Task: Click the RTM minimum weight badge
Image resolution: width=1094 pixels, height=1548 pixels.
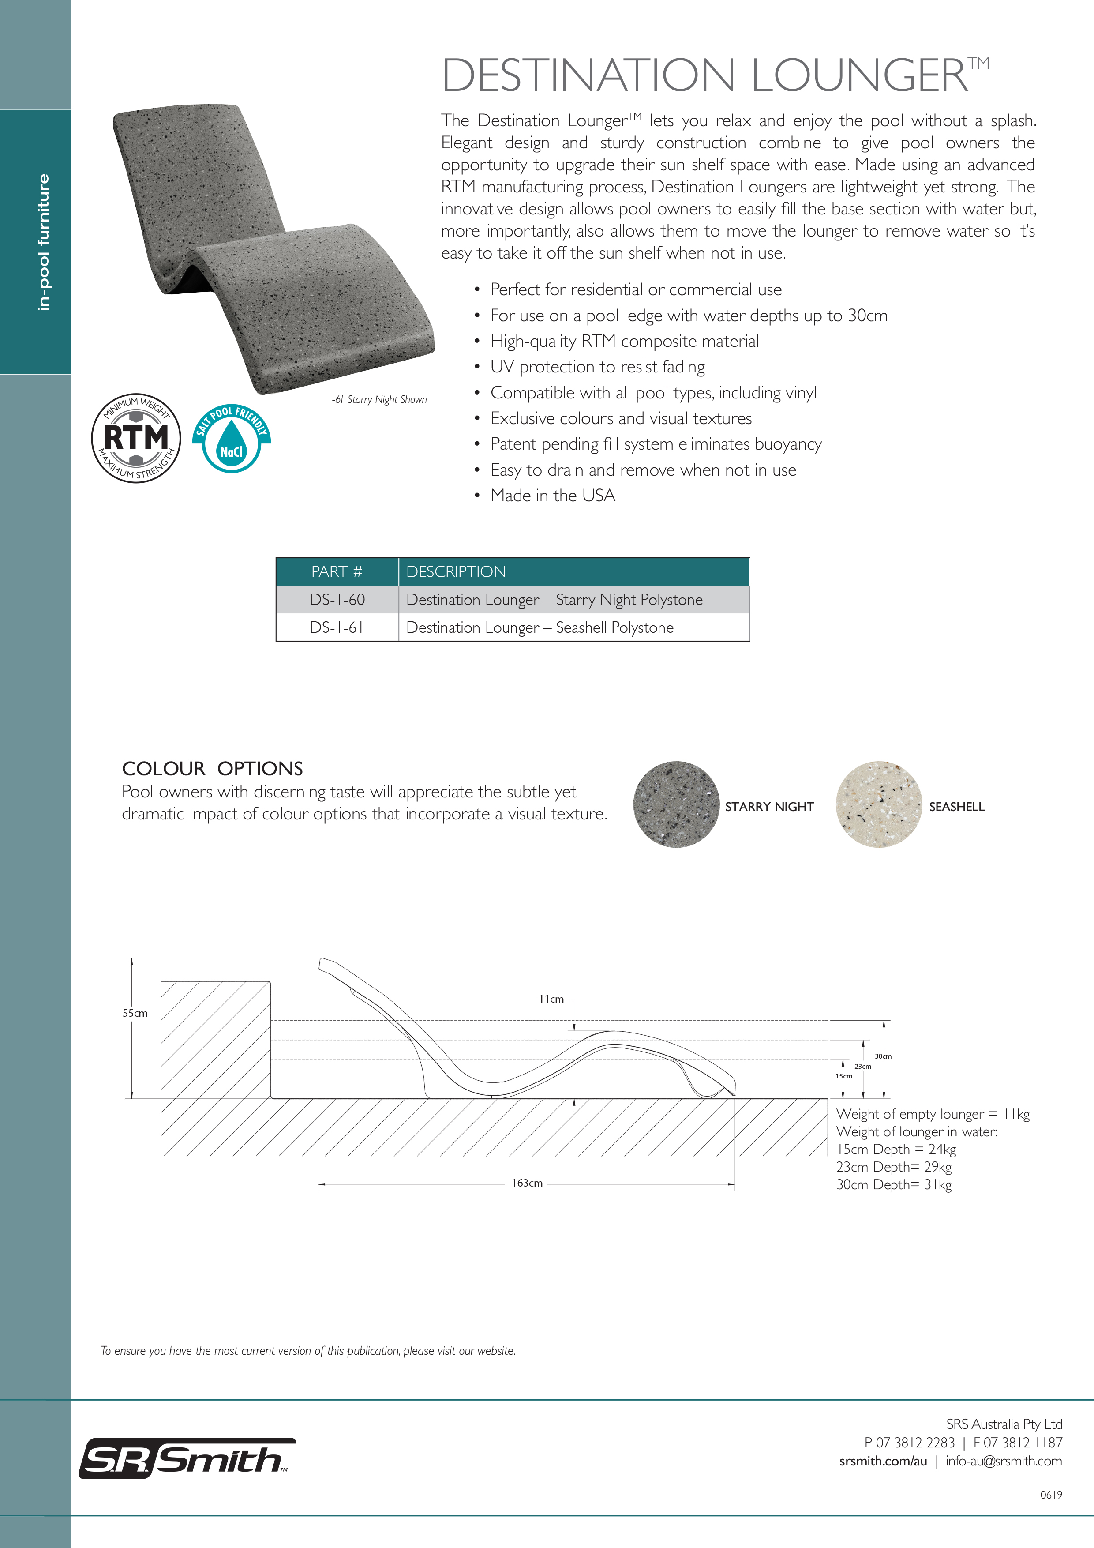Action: click(136, 438)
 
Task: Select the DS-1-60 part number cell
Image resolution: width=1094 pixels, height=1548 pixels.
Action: click(337, 599)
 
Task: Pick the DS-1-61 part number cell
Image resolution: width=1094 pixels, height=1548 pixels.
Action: click(337, 627)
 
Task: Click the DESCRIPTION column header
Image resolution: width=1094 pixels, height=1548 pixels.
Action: click(456, 572)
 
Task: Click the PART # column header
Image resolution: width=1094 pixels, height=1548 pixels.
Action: click(337, 572)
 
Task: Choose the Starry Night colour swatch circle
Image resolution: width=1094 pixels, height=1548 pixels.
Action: click(676, 804)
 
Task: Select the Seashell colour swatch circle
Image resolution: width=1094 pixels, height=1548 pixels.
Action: click(878, 804)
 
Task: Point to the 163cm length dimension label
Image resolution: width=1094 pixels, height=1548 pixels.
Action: click(527, 1183)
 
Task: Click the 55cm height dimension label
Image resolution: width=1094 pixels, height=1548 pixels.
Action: click(135, 1013)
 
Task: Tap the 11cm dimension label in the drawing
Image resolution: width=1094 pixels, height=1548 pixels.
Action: click(551, 999)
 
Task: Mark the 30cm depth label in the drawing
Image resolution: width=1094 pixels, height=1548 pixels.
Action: click(883, 1056)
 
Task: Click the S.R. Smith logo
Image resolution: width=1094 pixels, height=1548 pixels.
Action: click(187, 1459)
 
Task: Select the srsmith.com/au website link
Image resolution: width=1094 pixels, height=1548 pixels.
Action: click(883, 1461)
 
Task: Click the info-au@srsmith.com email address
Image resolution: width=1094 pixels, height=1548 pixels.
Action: click(1004, 1461)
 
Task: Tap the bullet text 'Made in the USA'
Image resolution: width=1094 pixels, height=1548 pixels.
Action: click(553, 496)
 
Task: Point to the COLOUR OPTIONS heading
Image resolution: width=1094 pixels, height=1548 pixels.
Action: click(212, 769)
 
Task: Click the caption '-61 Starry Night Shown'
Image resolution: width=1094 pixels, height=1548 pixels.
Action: click(379, 400)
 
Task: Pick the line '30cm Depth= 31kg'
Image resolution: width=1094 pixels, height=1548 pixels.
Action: click(894, 1184)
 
